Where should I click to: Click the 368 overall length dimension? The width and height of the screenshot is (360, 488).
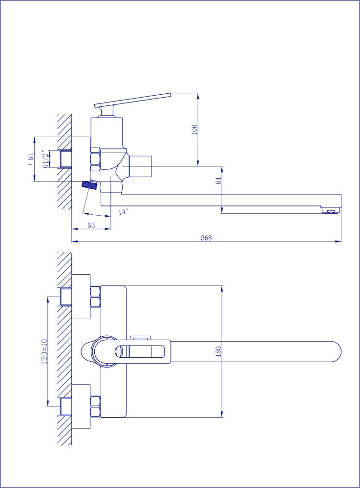(206, 238)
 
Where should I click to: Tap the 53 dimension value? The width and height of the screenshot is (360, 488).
(91, 225)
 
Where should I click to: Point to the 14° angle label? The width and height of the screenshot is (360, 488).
(123, 212)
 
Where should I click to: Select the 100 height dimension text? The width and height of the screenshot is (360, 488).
(194, 129)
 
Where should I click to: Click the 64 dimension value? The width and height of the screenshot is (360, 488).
(218, 181)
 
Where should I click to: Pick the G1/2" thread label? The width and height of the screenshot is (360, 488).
(46, 160)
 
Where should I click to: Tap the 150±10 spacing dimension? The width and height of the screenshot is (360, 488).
(44, 351)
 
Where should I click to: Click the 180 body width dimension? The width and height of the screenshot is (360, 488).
(218, 351)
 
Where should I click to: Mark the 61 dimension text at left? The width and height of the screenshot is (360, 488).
(31, 160)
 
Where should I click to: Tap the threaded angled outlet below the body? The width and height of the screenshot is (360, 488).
(90, 185)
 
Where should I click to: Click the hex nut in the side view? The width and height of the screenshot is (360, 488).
(95, 159)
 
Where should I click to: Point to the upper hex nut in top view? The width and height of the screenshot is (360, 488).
(95, 297)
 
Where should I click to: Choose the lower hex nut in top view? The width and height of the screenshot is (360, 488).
(95, 407)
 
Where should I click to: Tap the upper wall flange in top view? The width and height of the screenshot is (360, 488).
(81, 297)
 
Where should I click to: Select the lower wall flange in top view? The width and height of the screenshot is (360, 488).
(81, 406)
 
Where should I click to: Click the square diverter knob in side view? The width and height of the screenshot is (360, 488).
(140, 166)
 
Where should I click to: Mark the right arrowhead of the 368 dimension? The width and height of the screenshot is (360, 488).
(338, 241)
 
